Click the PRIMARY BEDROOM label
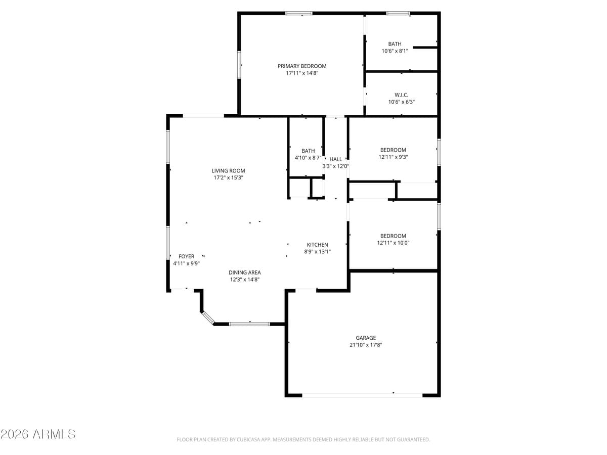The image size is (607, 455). [x=302, y=66]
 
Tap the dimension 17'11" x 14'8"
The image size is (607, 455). [x=302, y=73]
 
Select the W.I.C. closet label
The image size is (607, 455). [x=401, y=95]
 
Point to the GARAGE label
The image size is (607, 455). [x=366, y=338]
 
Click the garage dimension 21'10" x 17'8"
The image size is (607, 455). [x=366, y=345]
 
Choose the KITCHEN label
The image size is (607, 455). [x=317, y=245]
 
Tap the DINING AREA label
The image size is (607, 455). [x=245, y=272]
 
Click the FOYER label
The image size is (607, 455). [x=186, y=256]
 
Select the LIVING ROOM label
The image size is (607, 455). [x=228, y=171]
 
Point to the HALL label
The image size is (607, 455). [x=336, y=159]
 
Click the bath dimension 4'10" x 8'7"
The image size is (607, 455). [x=308, y=158]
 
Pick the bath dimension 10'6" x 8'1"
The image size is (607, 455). [x=395, y=51]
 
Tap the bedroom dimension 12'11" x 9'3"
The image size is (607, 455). [x=393, y=157]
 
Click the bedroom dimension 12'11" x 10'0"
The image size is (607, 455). [x=393, y=243]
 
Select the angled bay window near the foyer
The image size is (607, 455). [x=208, y=317]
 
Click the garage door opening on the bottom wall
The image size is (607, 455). [x=362, y=395]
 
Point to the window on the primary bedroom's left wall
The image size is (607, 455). [x=239, y=64]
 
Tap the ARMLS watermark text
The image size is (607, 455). [x=38, y=434]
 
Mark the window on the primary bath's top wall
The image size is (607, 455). [x=398, y=13]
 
